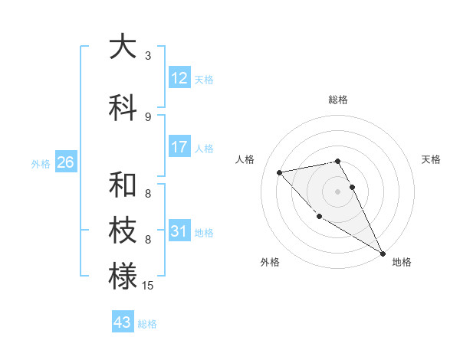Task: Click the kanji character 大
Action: tap(123, 47)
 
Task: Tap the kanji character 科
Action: tap(123, 108)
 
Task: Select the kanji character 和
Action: tap(123, 185)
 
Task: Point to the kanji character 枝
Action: tap(123, 231)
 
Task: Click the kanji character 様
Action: tap(123, 277)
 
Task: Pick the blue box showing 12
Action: tap(179, 78)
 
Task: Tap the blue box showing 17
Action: tap(179, 147)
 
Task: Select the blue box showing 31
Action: tap(179, 231)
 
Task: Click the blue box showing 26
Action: tap(65, 162)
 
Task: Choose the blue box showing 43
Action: tap(123, 322)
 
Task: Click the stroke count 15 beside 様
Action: tap(148, 286)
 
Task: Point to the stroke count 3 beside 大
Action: tap(148, 56)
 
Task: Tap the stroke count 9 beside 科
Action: tap(148, 116)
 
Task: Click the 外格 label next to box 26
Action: tap(41, 163)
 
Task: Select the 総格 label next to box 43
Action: tap(147, 324)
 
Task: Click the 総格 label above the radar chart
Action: tap(338, 100)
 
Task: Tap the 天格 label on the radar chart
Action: tap(432, 159)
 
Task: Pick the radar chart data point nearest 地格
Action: tap(383, 253)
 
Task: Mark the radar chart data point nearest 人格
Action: tap(280, 172)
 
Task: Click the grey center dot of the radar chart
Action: tap(337, 191)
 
